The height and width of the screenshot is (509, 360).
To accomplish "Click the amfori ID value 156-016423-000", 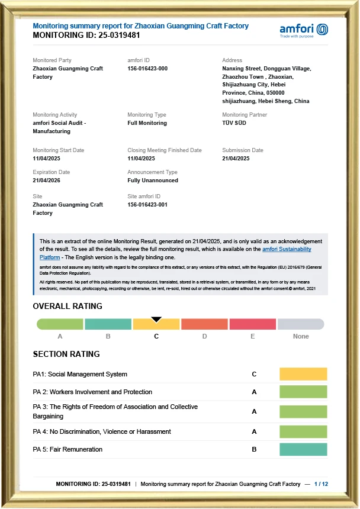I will [147, 69].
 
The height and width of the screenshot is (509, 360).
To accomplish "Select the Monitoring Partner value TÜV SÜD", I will [234, 123].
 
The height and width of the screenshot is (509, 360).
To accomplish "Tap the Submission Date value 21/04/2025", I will [236, 159].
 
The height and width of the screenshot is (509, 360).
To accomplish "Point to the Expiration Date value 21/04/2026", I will [46, 181].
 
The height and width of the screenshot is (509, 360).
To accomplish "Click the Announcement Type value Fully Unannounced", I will [152, 181].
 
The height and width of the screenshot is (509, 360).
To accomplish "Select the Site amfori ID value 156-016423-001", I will [147, 205].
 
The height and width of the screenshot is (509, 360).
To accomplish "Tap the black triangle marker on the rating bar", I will [156, 320].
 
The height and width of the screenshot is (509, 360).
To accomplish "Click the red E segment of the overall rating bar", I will [252, 324].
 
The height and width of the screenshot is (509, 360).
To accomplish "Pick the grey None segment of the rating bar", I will [301, 324].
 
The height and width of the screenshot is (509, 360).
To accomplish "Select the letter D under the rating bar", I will [204, 336].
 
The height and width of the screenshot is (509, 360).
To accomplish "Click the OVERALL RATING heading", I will [67, 307].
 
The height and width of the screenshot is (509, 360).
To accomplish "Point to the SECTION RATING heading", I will [66, 354].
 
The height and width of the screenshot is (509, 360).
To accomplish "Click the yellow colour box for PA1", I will [303, 374].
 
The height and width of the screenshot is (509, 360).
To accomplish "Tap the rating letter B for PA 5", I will [254, 449].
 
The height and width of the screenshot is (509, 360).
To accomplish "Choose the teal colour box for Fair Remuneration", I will [303, 449].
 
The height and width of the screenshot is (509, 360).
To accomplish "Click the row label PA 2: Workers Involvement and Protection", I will [92, 392].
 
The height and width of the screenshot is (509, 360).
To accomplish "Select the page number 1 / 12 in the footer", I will [321, 484].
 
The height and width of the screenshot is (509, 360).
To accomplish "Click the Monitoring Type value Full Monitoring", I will [147, 123].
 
